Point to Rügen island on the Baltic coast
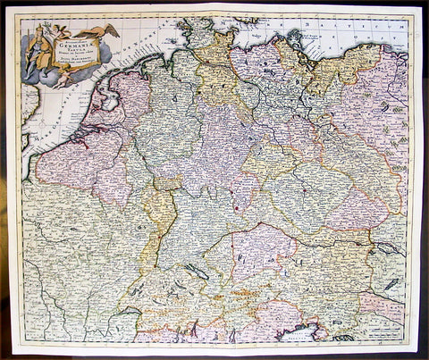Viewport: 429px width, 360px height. pos(294,40)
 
